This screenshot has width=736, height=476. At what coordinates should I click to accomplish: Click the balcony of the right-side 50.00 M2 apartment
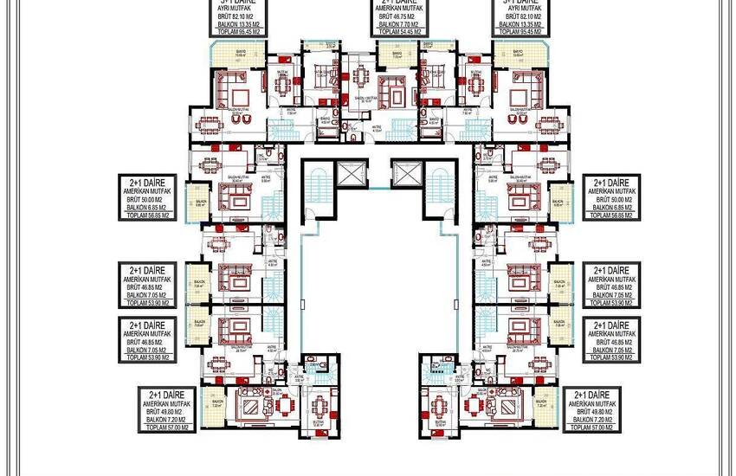tap(558, 204)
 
